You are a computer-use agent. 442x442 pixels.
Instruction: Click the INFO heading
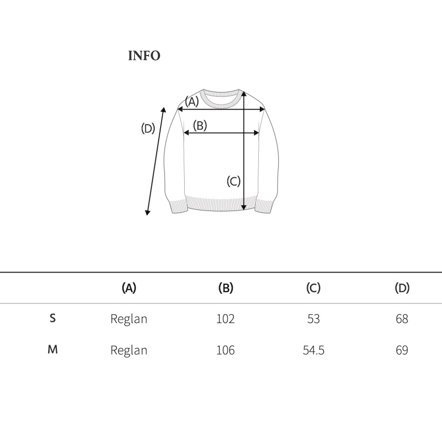click(x=144, y=55)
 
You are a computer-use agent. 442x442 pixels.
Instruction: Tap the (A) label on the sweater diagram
click(x=192, y=102)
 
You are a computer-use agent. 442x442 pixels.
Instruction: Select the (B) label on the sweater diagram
click(x=200, y=125)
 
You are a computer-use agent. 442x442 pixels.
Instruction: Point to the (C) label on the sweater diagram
click(x=233, y=181)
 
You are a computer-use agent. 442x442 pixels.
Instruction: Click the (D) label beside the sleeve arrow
click(x=148, y=129)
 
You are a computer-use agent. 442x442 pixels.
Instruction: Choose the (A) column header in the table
click(x=129, y=288)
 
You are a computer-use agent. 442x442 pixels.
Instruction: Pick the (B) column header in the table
click(x=226, y=288)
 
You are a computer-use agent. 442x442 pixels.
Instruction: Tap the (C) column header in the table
click(x=313, y=288)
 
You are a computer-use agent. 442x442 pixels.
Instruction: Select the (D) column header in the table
click(x=402, y=288)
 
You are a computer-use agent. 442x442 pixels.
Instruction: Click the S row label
click(x=53, y=318)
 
